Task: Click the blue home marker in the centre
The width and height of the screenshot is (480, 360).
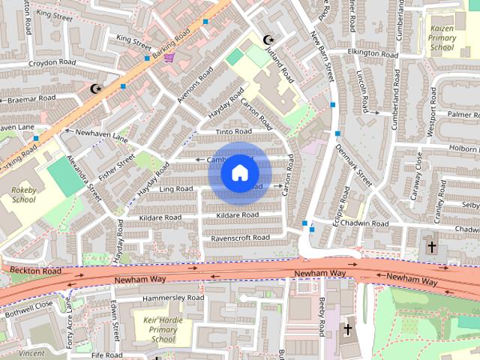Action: (239, 173)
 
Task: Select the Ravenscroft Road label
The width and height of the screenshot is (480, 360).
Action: (239, 238)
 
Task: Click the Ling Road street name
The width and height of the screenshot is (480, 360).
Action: (176, 189)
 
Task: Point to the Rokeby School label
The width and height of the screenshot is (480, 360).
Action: (24, 195)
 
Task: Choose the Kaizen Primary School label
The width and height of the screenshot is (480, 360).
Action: (442, 37)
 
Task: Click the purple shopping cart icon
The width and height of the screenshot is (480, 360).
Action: (169, 57)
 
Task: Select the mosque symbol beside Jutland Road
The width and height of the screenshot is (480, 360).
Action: (268, 40)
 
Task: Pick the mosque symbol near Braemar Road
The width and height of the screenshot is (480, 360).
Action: (95, 88)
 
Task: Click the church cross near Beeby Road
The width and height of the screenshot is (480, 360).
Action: (347, 329)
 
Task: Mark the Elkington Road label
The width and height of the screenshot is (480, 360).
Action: (372, 54)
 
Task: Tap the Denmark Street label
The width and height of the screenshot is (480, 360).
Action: (354, 166)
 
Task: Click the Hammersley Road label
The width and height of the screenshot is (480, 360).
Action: (173, 298)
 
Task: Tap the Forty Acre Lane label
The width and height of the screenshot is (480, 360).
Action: (70, 322)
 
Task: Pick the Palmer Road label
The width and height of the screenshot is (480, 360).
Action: (463, 115)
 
